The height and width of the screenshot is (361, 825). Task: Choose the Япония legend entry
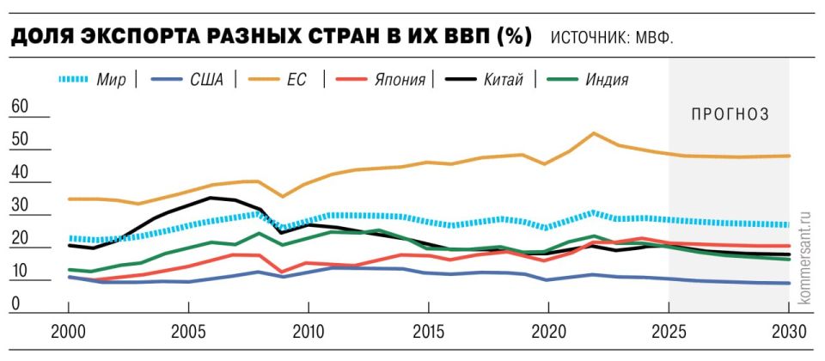tap(400, 81)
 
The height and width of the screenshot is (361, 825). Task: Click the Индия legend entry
tap(607, 81)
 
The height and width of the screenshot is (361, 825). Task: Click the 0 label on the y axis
tap(15, 303)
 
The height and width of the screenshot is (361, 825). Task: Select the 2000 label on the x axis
tap(69, 333)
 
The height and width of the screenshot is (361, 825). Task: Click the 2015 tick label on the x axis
tap(429, 333)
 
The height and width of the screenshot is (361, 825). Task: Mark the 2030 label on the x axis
tap(788, 333)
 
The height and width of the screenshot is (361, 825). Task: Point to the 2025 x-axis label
tap(668, 333)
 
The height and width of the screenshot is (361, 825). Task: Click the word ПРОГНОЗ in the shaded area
tap(729, 113)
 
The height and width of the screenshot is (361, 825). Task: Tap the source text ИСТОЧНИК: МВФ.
tap(611, 39)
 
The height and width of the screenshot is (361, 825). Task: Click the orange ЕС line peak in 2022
tap(594, 133)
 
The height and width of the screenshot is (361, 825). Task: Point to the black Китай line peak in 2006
tap(211, 198)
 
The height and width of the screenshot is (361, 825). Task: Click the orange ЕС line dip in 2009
tap(284, 197)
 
